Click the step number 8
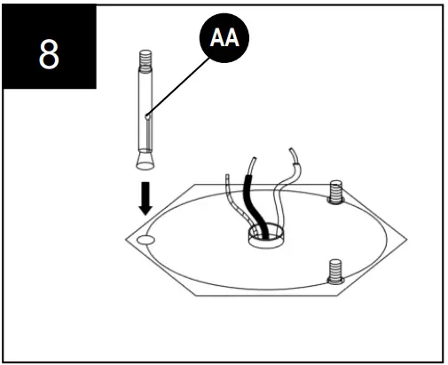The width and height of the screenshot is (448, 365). click(x=50, y=54)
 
